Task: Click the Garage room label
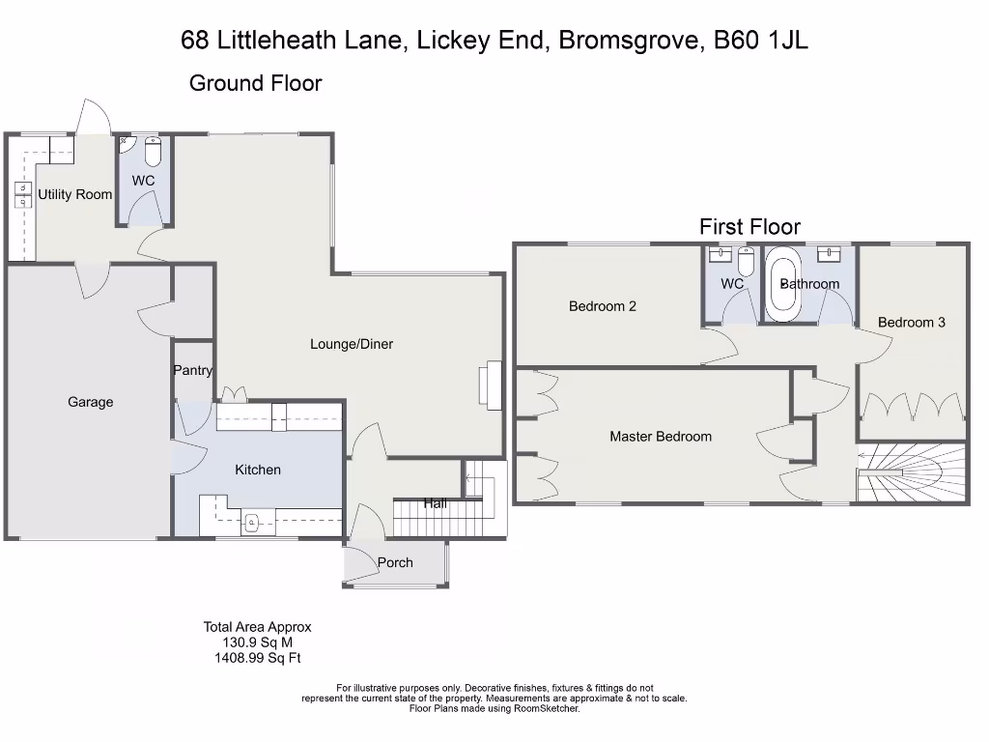tap(90, 402)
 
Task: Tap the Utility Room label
tap(75, 194)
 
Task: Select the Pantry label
tap(193, 370)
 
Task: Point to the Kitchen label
tap(258, 470)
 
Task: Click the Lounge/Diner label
tap(352, 344)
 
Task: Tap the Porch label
tap(395, 562)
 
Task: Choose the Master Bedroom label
tap(661, 437)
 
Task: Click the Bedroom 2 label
tap(603, 306)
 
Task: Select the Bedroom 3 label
tap(912, 322)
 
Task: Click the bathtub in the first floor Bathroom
tap(781, 284)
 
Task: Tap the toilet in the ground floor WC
tap(153, 153)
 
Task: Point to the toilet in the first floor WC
tap(745, 262)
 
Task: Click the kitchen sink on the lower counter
tap(251, 523)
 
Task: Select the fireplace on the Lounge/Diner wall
tap(494, 384)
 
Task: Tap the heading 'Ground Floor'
tap(255, 83)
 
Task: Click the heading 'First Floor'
tap(749, 227)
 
